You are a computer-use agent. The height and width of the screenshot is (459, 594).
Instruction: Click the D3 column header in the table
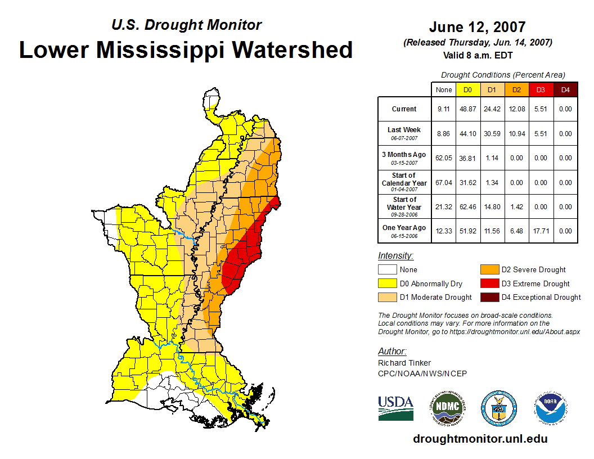tap(541, 89)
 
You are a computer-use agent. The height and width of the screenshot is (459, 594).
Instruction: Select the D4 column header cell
tap(565, 89)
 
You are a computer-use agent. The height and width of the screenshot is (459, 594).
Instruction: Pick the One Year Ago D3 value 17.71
tap(541, 231)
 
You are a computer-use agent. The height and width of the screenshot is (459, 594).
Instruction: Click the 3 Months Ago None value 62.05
tap(444, 158)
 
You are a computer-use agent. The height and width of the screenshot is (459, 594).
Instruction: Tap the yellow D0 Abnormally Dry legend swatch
tap(386, 283)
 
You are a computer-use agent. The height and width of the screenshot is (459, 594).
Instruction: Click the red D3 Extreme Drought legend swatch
tap(489, 283)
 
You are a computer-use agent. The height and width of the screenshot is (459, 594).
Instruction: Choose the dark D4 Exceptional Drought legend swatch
tap(489, 297)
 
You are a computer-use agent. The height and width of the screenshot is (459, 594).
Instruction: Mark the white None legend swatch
tap(386, 269)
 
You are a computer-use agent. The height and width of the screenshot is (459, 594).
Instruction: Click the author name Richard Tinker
tap(404, 363)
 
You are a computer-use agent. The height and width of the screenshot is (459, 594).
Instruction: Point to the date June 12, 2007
tap(477, 26)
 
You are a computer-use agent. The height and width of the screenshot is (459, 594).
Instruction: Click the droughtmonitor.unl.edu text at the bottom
tap(480, 439)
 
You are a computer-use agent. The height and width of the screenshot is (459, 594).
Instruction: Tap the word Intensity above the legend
tap(395, 255)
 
